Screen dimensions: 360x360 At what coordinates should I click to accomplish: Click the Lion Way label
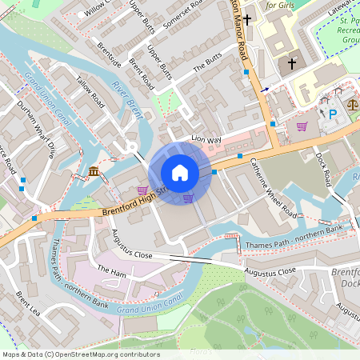pyautogui.click(x=206, y=139)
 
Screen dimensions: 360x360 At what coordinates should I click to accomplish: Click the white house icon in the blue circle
pyautogui.click(x=180, y=173)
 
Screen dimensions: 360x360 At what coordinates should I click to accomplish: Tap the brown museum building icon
pyautogui.click(x=94, y=171)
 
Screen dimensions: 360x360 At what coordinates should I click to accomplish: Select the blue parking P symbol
pyautogui.click(x=333, y=114)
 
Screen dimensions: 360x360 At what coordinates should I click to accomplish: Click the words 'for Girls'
pyautogui.click(x=282, y=5)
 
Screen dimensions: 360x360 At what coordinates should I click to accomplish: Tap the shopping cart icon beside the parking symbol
pyautogui.click(x=302, y=126)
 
